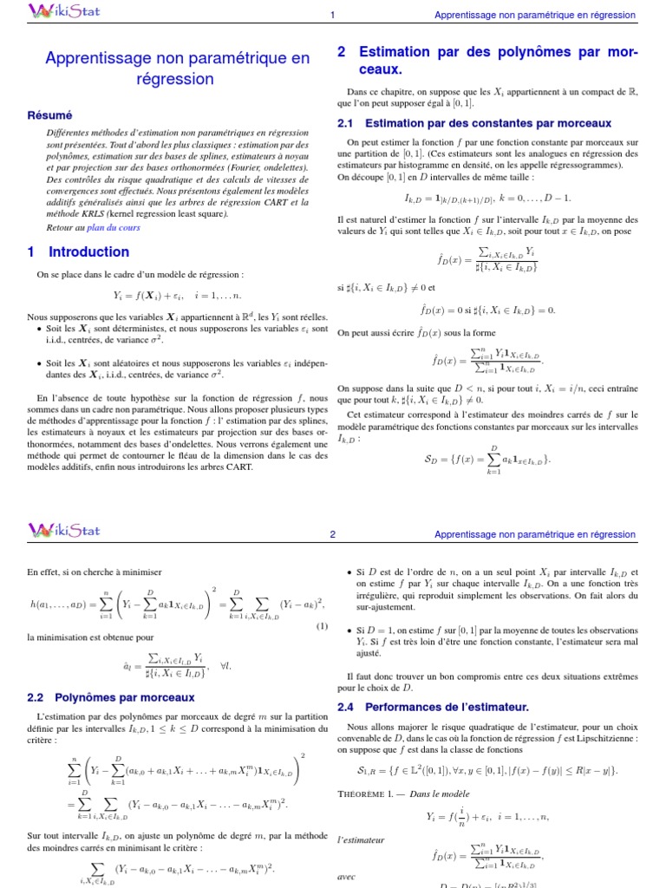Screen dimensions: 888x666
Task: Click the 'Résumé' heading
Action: coord(50,115)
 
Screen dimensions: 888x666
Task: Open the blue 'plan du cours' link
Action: coord(113,227)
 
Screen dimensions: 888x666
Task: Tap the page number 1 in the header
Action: coord(333,16)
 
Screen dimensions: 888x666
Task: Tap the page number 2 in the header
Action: coord(333,535)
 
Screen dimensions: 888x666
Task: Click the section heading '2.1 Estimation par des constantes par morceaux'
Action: coord(474,124)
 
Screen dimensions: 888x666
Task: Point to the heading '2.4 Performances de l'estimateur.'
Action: coord(433,708)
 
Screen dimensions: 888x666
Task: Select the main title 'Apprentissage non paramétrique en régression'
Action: coord(176,69)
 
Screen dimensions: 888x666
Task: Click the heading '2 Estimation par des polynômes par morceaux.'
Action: coord(486,61)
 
